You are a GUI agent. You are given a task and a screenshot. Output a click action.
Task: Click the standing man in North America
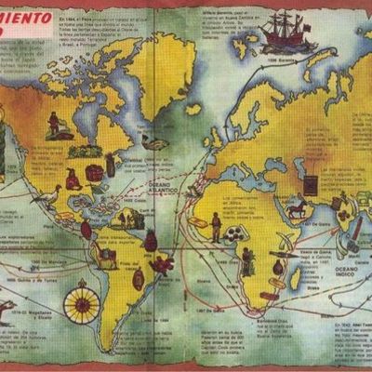tap(55, 124)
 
